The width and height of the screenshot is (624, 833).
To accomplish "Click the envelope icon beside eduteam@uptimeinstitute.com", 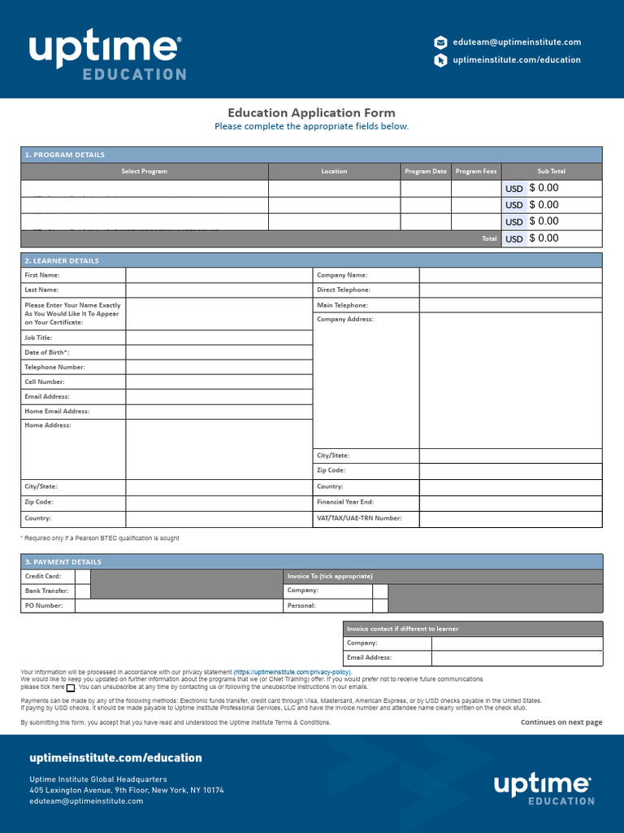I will point(440,42).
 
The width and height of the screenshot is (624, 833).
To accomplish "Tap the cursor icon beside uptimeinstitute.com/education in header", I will point(440,60).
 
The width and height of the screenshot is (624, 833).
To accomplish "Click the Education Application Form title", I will point(311,113).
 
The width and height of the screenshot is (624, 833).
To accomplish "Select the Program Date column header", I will point(426,172).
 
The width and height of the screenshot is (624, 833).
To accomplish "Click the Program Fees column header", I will point(476,172).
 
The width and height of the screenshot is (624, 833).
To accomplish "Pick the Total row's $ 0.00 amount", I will point(544,238).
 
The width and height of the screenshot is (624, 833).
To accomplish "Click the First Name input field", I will point(219,275).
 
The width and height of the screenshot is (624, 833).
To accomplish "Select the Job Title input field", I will point(219,338).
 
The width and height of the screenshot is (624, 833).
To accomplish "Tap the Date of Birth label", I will point(47,352).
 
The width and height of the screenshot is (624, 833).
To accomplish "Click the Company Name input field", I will point(510,275).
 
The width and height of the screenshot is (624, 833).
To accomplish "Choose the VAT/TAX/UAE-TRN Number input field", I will point(510,518).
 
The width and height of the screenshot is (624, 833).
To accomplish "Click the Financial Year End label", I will point(345,502).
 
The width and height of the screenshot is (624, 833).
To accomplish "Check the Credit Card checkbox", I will point(82,576).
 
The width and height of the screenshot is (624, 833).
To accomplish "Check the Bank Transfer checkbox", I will point(82,591).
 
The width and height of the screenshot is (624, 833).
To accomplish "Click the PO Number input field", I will point(179,605).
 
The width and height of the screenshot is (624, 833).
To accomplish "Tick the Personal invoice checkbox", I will point(380,605).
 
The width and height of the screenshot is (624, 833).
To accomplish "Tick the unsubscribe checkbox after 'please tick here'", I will point(71,687).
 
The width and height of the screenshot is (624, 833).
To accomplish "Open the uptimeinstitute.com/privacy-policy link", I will point(292,673).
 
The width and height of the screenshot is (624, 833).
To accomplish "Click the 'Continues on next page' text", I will point(561,722).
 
